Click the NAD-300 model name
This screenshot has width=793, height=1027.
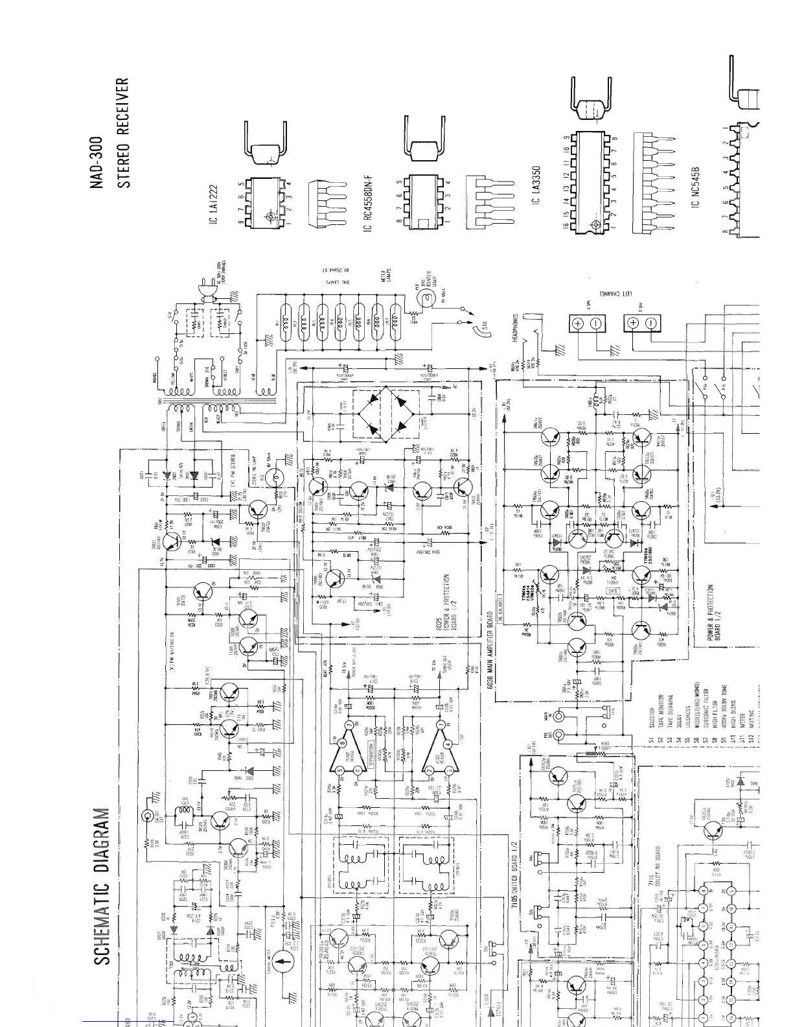(97, 162)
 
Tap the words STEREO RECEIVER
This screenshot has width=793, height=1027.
(123, 133)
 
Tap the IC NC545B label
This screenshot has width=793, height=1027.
(696, 185)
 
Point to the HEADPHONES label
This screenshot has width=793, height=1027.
(516, 331)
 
